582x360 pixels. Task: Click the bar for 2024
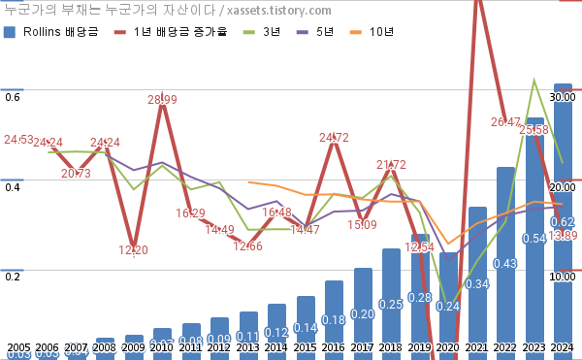click(x=563, y=223)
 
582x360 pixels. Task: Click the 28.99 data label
click(x=162, y=99)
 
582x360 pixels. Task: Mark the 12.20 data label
click(x=134, y=250)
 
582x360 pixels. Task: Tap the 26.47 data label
click(x=505, y=122)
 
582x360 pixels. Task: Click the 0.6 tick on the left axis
click(x=13, y=97)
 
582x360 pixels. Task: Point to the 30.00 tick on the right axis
click(x=564, y=97)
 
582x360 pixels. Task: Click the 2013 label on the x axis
click(x=247, y=347)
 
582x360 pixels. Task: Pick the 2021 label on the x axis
click(x=476, y=347)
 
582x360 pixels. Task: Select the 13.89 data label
click(x=563, y=236)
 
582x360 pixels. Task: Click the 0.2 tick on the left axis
click(x=13, y=277)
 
